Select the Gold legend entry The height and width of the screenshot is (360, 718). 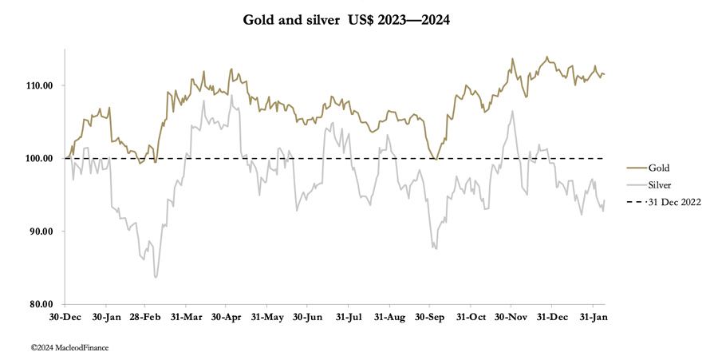[x=658, y=168]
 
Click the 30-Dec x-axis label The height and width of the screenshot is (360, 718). [x=64, y=317]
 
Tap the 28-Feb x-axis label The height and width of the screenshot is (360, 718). [x=145, y=317]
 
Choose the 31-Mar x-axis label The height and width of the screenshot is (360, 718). [x=186, y=317]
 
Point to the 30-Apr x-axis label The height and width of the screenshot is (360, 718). [x=227, y=317]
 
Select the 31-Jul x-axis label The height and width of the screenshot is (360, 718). [x=349, y=317]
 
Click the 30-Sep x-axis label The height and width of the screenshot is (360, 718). [x=430, y=317]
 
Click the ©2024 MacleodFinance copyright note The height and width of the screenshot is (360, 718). [x=69, y=347]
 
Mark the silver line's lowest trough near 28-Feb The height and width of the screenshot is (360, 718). [x=156, y=277]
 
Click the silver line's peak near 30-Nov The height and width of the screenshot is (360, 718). [x=512, y=111]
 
